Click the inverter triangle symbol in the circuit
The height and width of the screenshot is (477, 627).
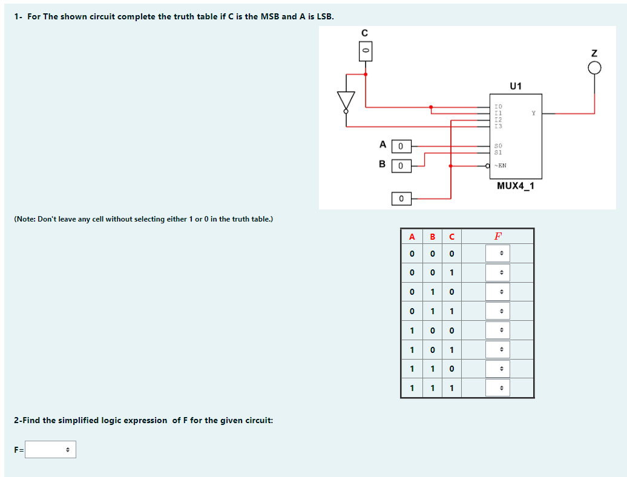346,100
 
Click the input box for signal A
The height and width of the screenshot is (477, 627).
401,146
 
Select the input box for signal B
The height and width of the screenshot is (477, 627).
401,165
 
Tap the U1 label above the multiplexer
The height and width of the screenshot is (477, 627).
516,86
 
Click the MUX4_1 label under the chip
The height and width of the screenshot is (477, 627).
516,186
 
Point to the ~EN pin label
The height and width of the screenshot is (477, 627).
500,165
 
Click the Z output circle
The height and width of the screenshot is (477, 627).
594,68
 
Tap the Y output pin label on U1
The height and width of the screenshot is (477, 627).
533,113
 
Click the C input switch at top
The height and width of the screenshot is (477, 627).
365,52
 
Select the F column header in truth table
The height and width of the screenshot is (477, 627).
497,236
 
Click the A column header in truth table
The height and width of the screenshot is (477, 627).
412,236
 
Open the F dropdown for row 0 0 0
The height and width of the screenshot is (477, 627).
497,254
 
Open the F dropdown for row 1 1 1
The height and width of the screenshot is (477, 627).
497,388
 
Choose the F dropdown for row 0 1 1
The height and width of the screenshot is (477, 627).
497,311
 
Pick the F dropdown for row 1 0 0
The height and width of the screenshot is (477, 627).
497,331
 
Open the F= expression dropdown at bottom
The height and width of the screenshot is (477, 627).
50,450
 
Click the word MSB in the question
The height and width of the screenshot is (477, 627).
270,16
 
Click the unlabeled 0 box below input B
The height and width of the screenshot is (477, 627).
401,199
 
